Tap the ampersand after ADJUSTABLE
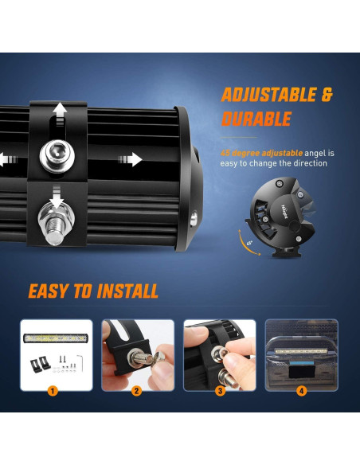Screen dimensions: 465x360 327,96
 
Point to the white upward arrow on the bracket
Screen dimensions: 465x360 59,111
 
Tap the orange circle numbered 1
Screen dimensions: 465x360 53,391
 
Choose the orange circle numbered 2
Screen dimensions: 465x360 136,391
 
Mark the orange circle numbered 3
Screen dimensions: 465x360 219,391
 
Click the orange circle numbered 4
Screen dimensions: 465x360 301,391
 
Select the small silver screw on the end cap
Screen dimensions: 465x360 194,216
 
